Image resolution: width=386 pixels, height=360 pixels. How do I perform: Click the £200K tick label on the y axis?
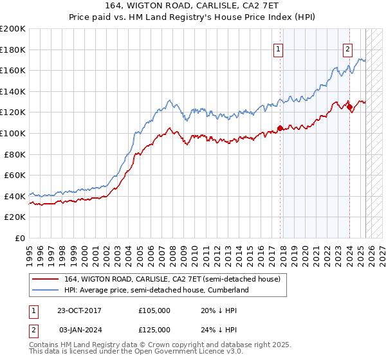pos(13,28)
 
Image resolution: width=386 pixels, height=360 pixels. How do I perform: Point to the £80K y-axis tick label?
pos(15,154)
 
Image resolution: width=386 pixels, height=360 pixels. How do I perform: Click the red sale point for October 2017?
pos(280,127)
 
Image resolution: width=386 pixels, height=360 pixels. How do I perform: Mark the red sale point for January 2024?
pos(349,107)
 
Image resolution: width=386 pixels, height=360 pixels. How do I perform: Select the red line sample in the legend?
pos(46,280)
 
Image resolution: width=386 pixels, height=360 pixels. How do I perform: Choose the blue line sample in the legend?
pos(46,291)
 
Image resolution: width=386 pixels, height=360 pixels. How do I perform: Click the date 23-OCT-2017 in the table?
pos(79,310)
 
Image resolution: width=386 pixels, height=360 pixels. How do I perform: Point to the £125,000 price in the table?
pos(154,329)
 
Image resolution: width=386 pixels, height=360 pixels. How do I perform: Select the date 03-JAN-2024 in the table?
pos(80,329)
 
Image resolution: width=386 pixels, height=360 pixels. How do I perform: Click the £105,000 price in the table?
pos(154,310)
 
